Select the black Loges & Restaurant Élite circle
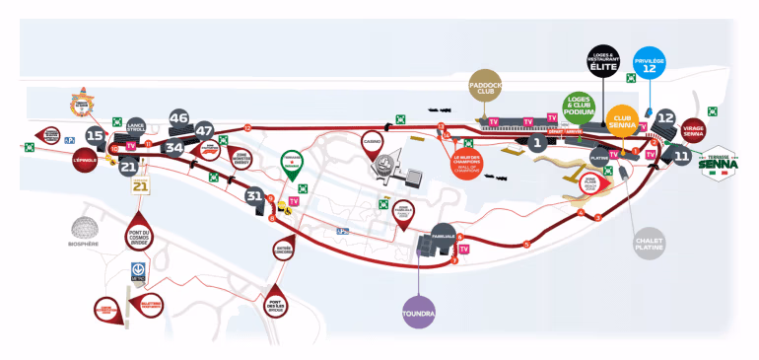click(x=603, y=61)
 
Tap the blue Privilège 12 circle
click(x=649, y=63)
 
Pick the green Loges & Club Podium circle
click(x=579, y=109)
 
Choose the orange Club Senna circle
click(x=622, y=120)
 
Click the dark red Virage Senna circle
click(x=693, y=130)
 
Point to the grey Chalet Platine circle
click(x=651, y=243)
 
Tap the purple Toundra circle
click(x=419, y=313)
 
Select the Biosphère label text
click(x=84, y=244)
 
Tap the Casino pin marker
click(x=373, y=143)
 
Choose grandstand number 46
click(x=179, y=118)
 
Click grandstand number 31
click(x=254, y=195)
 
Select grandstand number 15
click(x=95, y=135)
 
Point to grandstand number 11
click(x=682, y=155)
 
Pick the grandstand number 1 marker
click(x=537, y=142)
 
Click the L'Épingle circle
click(x=84, y=160)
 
